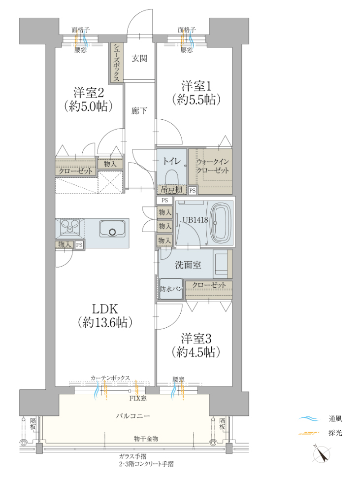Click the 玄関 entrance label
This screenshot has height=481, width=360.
coord(139,58)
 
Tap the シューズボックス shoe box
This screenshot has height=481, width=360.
coord(117,62)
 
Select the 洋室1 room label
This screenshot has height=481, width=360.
coord(196,86)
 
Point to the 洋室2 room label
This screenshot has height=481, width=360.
coord(89,93)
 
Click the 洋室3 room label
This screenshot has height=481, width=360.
coord(196,339)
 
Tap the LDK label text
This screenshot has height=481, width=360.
coord(105,309)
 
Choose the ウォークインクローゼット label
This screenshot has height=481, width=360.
coord(213,166)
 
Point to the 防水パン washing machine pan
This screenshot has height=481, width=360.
coord(171,289)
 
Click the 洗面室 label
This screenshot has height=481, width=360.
coord(188,265)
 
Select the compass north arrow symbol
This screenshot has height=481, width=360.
coord(322,454)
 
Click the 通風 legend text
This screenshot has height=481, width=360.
coord(335,419)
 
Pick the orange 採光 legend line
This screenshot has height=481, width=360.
coord(309,433)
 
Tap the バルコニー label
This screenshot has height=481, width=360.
coord(133,416)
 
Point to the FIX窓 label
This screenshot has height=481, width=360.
coord(138,398)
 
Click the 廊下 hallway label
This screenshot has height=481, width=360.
coord(139,111)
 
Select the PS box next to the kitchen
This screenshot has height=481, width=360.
coord(79,245)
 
